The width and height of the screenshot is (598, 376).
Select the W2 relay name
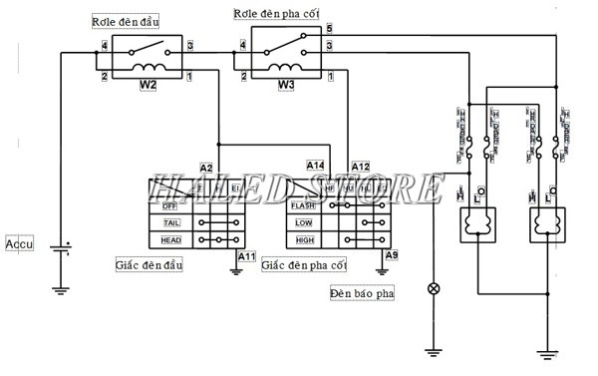coord(148,86)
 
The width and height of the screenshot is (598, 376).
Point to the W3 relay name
coord(286,86)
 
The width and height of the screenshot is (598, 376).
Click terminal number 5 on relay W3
coord(329,31)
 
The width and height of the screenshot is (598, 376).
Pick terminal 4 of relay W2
coord(104,46)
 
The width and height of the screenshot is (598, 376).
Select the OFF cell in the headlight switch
coord(168,206)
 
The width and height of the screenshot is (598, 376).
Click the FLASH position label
coord(305,206)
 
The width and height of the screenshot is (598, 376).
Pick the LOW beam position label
coord(305,223)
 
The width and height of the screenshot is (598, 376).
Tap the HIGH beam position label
coord(305,240)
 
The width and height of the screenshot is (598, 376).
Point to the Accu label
coord(20,242)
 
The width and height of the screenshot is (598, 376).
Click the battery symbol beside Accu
coord(62,248)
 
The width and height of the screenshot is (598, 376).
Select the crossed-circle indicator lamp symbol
coord(434,288)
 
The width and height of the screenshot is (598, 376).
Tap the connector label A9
coord(392,256)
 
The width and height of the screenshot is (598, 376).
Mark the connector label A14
coord(315,166)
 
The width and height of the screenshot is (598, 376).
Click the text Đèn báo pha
coord(362,294)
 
